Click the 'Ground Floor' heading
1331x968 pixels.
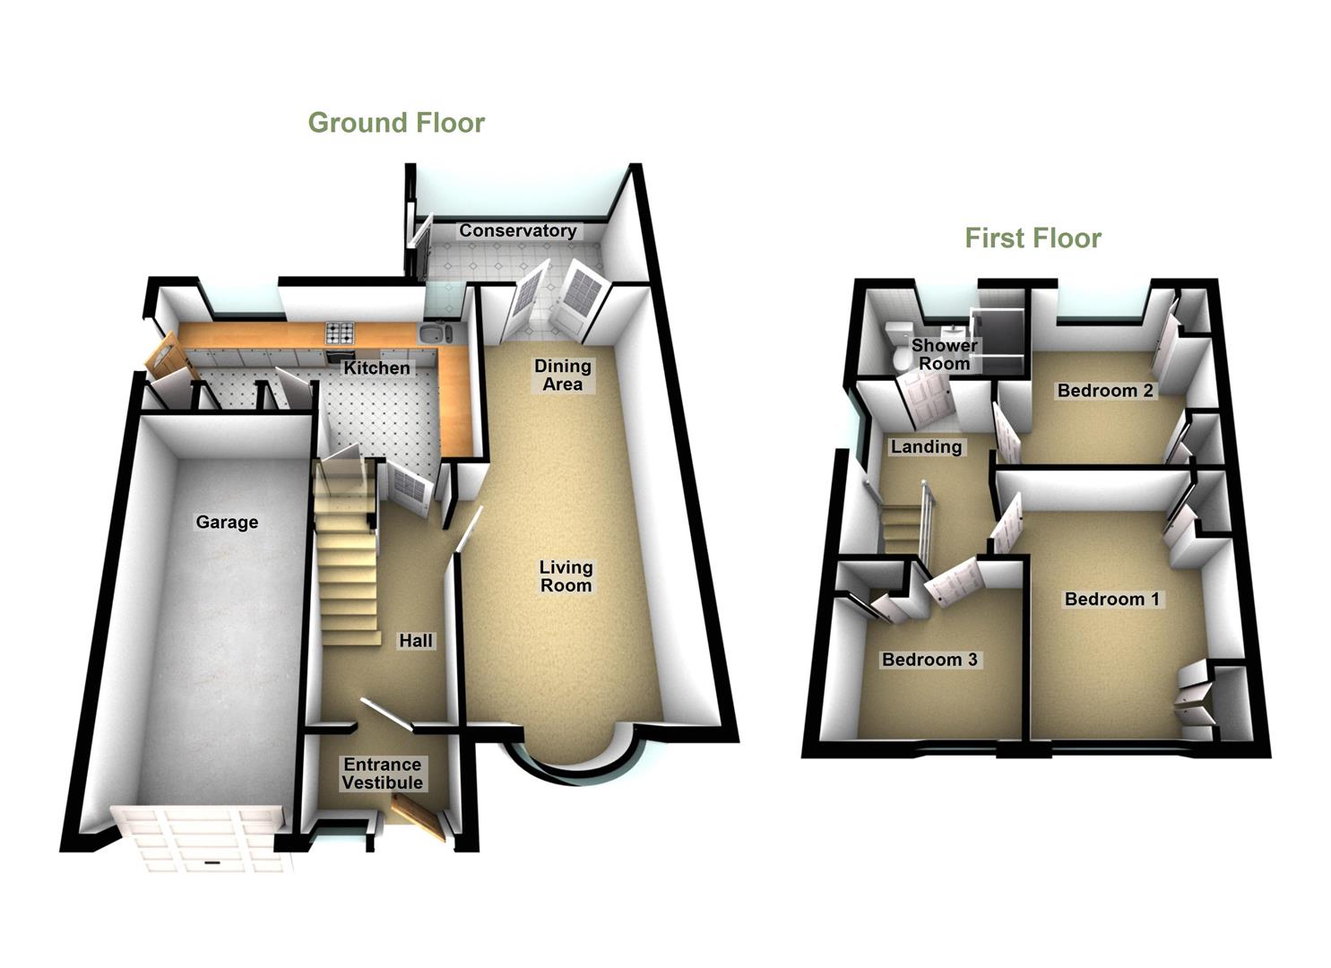396,123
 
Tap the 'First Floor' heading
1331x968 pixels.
1033,238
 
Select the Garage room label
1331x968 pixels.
227,522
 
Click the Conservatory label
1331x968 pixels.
517,230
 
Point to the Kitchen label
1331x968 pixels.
377,367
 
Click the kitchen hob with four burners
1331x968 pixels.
340,333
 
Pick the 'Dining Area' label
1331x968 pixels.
563,375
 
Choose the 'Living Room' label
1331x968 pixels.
566,576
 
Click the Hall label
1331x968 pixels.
416,640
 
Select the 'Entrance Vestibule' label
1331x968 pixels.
383,774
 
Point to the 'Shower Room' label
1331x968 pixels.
945,354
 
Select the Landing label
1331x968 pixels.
926,446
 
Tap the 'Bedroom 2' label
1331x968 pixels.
1105,390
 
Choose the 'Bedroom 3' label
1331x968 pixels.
929,660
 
